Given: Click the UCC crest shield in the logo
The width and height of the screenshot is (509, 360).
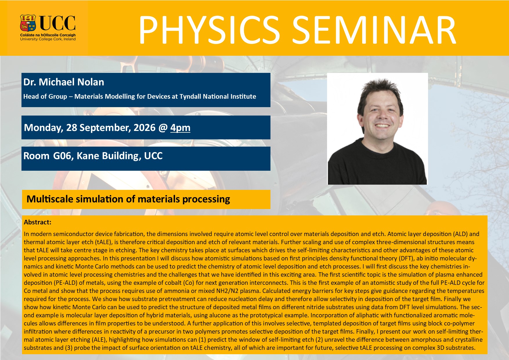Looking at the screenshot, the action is pyautogui.click(x=28, y=23).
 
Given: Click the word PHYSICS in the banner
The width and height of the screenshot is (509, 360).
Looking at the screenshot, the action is pyautogui.click(x=209, y=30).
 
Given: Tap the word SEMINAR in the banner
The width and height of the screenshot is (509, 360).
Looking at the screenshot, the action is pyautogui.click(x=374, y=30).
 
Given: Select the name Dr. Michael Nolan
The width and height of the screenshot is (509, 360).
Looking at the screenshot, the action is pyautogui.click(x=64, y=82).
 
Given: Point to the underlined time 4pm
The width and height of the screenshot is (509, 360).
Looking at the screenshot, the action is pyautogui.click(x=180, y=128).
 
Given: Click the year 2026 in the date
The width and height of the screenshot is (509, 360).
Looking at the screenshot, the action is pyautogui.click(x=145, y=127).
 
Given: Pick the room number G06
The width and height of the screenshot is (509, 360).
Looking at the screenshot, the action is pyautogui.click(x=63, y=156).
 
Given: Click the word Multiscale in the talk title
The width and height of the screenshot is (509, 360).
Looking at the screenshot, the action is pyautogui.click(x=50, y=199).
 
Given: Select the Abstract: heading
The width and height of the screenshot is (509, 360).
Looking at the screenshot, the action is pyautogui.click(x=37, y=222).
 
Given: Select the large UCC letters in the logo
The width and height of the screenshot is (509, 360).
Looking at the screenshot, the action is pyautogui.click(x=57, y=23).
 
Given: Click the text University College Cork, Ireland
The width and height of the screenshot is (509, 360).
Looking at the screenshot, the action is pyautogui.click(x=48, y=39).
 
